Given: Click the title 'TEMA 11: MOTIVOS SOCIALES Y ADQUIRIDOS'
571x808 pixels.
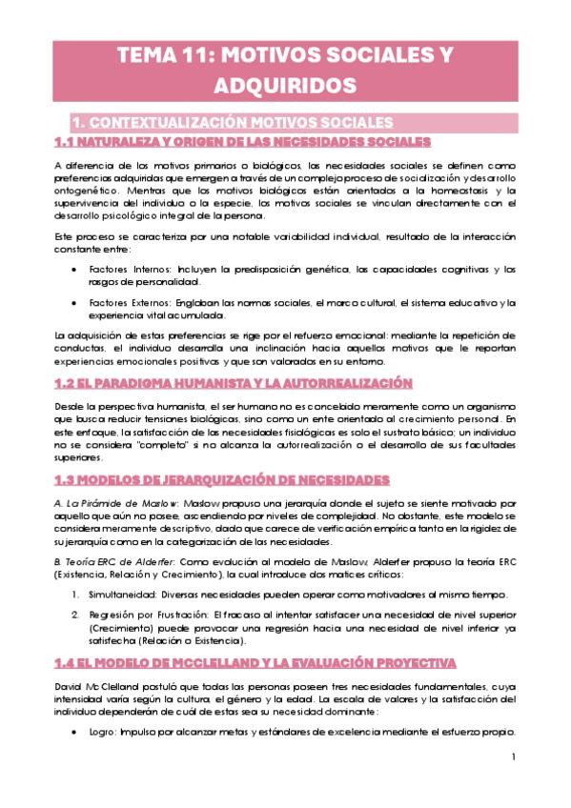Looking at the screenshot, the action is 285,71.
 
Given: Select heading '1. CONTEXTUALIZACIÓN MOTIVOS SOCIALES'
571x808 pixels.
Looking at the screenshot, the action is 233,123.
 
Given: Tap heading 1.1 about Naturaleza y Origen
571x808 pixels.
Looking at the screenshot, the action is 242,141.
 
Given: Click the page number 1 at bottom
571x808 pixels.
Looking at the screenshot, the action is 513,758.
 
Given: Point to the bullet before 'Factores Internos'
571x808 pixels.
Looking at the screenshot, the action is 76,270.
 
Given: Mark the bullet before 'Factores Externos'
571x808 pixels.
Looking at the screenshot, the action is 76,302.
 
